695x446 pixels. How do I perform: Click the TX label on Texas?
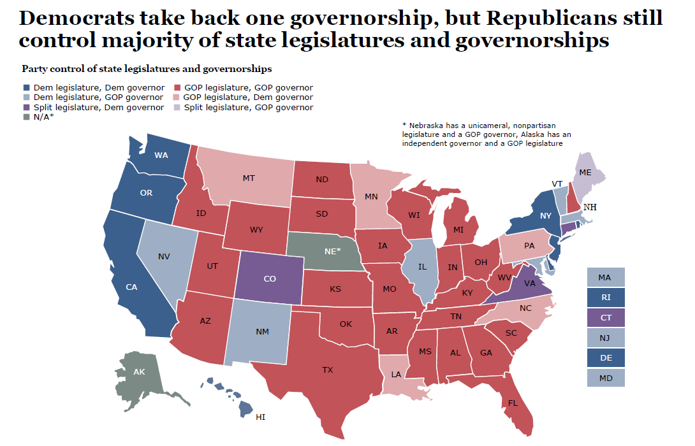click(x=327, y=370)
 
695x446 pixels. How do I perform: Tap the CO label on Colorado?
click(x=269, y=278)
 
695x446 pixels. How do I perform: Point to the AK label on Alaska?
click(x=139, y=371)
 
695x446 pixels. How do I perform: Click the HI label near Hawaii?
click(x=260, y=417)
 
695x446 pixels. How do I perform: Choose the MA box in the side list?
click(x=604, y=278)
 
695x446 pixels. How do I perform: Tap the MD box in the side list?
click(x=604, y=378)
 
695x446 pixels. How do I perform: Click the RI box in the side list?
click(x=604, y=298)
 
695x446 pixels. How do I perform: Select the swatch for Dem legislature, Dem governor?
click(x=26, y=88)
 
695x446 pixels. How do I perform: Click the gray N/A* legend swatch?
click(x=26, y=117)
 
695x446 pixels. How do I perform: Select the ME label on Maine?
click(x=585, y=172)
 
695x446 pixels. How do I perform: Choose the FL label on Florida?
click(x=513, y=403)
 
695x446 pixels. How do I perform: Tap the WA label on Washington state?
click(x=161, y=155)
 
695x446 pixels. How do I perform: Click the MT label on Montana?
click(x=249, y=178)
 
